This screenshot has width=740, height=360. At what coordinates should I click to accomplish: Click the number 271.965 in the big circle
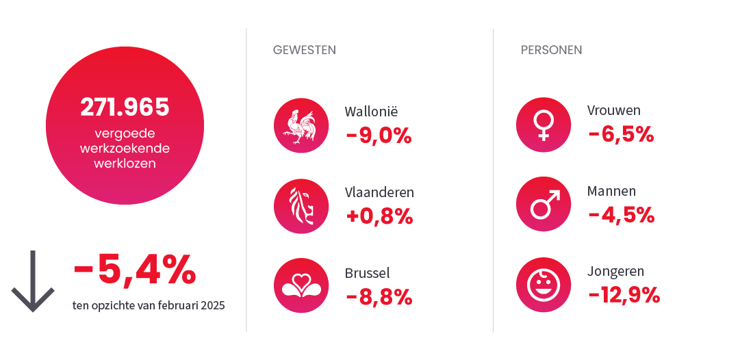[x=125, y=107]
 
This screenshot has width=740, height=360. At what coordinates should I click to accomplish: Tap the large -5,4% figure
[x=135, y=270]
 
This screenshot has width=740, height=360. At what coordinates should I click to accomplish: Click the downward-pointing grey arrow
[x=32, y=281]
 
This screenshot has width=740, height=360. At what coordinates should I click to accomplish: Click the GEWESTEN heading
[x=304, y=50]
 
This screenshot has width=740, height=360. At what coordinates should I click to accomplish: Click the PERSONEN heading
[x=551, y=50]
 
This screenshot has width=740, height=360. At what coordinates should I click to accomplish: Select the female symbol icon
[x=543, y=126]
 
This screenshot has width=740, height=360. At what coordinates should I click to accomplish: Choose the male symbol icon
[x=543, y=206]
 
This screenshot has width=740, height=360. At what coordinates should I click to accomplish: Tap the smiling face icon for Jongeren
[x=543, y=285]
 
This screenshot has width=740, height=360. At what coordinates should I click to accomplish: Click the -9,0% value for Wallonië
[x=379, y=136]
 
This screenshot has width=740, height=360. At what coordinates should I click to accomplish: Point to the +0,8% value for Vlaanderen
[x=379, y=217]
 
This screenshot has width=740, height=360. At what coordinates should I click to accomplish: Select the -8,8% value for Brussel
[x=379, y=297]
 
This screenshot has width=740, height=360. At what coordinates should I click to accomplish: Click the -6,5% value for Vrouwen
[x=621, y=135]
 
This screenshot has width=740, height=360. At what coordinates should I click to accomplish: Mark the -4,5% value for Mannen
[x=621, y=216]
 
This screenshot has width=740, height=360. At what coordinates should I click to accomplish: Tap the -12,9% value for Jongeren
[x=624, y=295]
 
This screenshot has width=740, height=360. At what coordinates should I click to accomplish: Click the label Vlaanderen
[x=379, y=192]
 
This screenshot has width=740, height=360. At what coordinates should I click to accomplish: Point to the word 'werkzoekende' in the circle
[x=125, y=148]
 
